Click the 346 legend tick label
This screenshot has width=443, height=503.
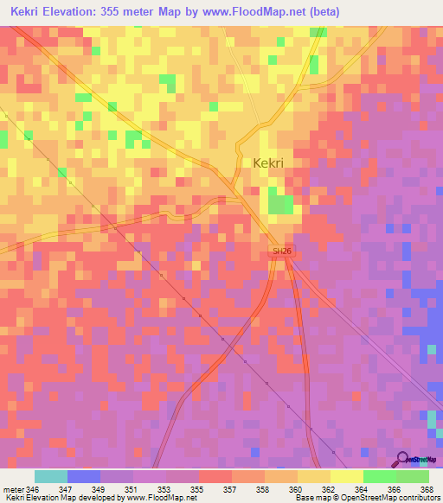[x=34, y=489]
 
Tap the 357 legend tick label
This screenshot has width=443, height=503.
[x=231, y=489]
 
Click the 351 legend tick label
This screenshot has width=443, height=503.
[x=132, y=489]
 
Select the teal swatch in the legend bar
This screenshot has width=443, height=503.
[x=50, y=476]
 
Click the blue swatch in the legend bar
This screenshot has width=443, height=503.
[x=83, y=476]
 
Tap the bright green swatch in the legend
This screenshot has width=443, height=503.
[x=379, y=476]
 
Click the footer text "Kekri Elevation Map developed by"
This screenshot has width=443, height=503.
[x=56, y=499]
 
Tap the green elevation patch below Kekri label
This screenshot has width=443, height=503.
[x=279, y=204]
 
